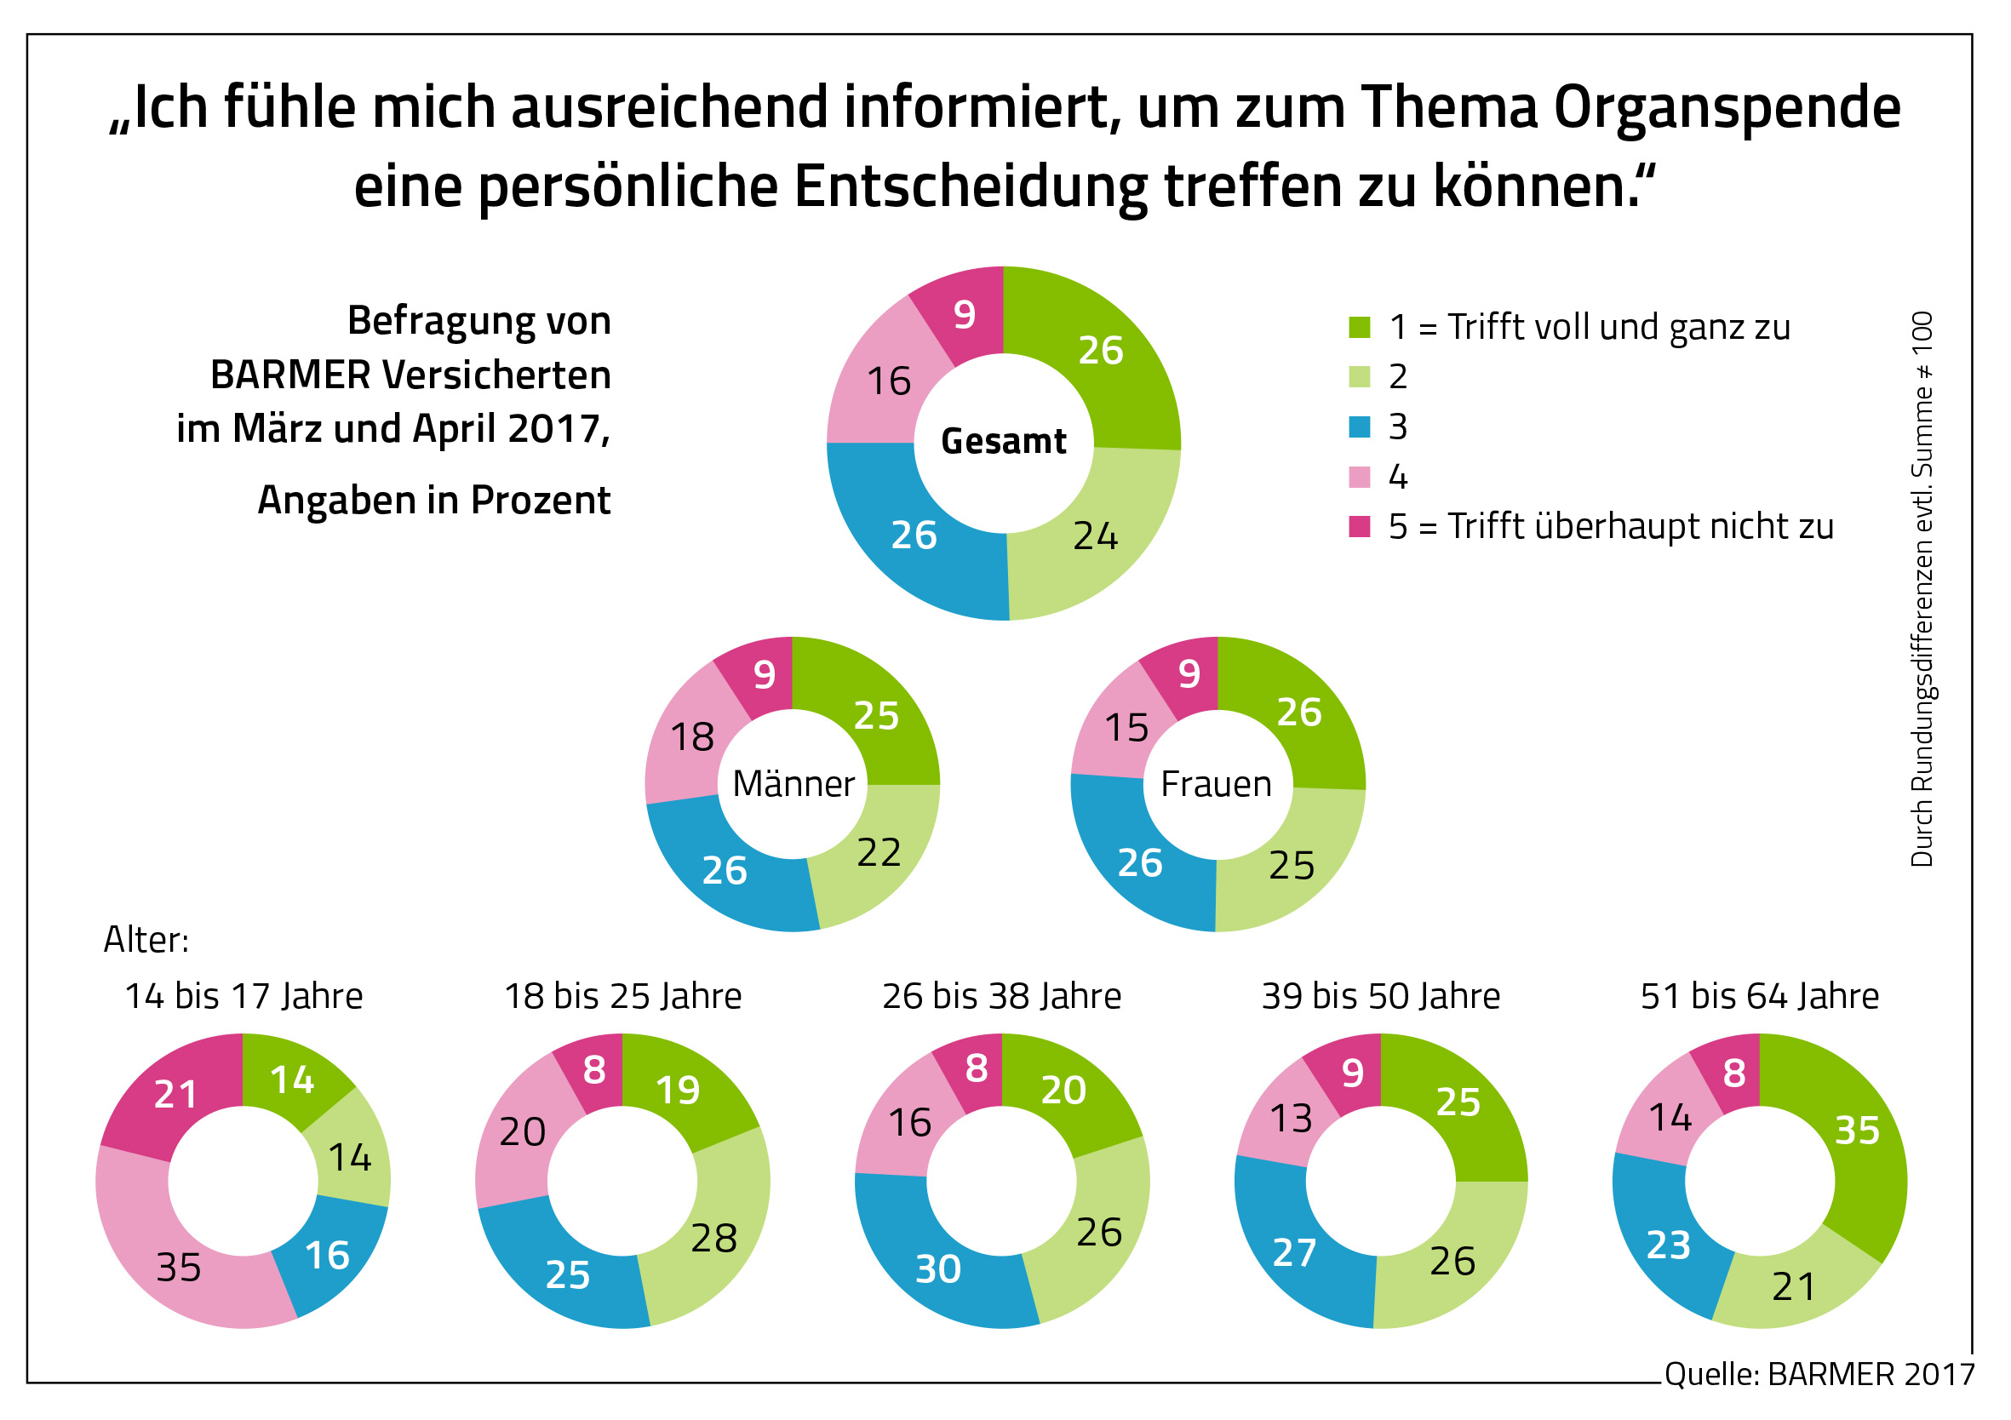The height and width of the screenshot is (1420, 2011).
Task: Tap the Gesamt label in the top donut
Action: pos(1003,442)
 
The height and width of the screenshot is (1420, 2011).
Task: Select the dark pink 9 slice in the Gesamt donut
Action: pos(964,313)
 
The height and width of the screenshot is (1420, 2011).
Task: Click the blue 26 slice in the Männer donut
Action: pos(724,869)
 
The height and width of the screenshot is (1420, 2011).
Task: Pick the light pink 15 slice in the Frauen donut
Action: pos(1126,728)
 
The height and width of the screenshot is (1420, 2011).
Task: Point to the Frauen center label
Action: pos(1216,784)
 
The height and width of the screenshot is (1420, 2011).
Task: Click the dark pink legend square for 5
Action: pos(1359,526)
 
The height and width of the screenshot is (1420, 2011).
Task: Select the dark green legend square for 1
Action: pos(1359,327)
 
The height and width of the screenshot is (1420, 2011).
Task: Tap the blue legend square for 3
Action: pos(1359,427)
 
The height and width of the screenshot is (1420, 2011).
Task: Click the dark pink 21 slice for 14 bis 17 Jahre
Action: pos(175,1094)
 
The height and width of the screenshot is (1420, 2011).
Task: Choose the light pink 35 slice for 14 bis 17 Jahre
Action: pos(180,1267)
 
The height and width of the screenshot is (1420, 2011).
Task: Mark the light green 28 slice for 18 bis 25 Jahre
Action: pos(713,1238)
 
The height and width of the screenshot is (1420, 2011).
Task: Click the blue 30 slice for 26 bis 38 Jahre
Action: pos(937,1268)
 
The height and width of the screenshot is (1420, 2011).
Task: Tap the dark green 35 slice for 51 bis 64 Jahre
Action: pos(1857,1130)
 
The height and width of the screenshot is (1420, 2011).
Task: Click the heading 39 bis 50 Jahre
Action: pos(1380,996)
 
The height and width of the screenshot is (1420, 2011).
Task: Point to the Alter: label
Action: pos(146,940)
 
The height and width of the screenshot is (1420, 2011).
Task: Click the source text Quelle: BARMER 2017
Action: pos(1819,1373)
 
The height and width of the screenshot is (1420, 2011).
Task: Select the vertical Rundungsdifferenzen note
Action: pos(1922,588)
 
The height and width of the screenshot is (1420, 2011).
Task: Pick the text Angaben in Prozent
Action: pos(434,501)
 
